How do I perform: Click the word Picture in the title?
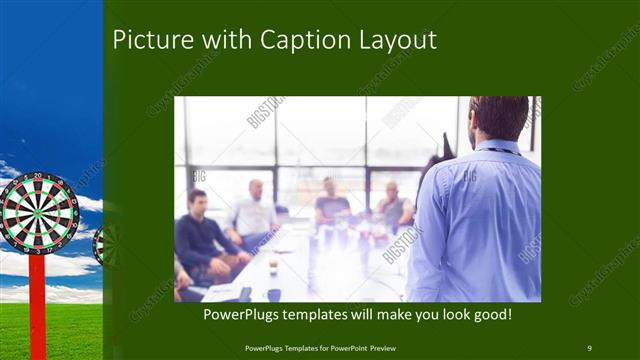click(145, 40)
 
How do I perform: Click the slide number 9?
click(589, 348)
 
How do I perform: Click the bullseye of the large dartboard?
click(38, 212)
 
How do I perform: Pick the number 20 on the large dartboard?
click(38, 178)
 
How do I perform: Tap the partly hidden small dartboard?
click(99, 244)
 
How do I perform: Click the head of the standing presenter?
click(499, 118)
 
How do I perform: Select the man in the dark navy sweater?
click(199, 235)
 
